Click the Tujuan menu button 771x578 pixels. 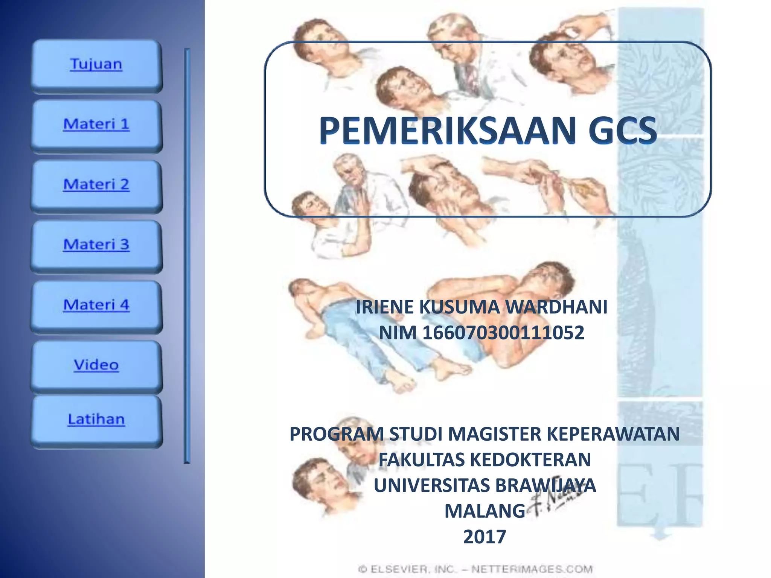coord(96,65)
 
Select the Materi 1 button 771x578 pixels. coord(96,125)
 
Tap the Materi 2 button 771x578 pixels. coord(96,185)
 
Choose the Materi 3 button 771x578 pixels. coord(96,245)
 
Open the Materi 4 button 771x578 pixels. coord(96,305)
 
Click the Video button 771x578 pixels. coord(96,365)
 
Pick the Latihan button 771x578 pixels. coord(96,420)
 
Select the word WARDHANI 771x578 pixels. coord(556,307)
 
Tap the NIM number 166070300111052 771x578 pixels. coord(503,333)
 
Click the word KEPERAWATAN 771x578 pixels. coord(613,434)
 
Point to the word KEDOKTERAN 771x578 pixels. coord(531,459)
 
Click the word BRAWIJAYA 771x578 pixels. coord(545,485)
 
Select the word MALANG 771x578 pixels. coord(485,511)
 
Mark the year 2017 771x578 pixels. coord(485,537)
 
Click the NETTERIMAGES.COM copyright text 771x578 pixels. coord(532,569)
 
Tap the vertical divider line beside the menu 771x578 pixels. coord(187,256)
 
